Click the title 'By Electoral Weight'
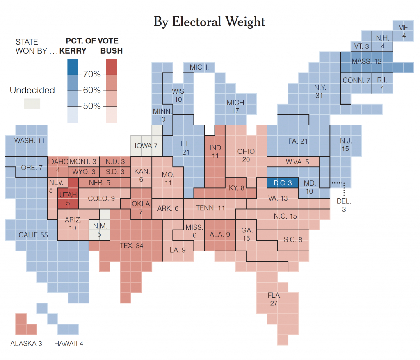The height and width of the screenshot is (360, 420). (209, 22)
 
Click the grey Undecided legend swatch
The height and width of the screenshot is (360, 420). (32, 104)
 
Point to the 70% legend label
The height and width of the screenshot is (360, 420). (92, 74)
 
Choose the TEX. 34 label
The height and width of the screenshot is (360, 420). (131, 246)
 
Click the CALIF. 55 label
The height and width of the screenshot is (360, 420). (33, 235)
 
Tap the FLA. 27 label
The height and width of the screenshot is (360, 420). (274, 299)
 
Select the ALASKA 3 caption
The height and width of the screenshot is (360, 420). (26, 343)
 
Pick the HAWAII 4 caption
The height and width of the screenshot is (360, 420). (68, 343)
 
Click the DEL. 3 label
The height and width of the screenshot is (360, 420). (344, 205)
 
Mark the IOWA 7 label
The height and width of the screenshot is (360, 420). (146, 146)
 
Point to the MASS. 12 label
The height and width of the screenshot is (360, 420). (367, 62)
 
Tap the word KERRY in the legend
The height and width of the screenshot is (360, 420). (73, 51)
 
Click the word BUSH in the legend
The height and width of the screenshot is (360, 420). (112, 51)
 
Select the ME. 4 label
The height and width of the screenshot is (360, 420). (404, 31)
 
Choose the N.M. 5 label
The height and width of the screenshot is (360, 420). (100, 230)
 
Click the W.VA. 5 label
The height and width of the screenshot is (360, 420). (297, 162)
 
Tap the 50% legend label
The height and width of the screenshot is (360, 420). (92, 106)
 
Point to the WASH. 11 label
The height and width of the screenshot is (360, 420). (29, 141)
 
